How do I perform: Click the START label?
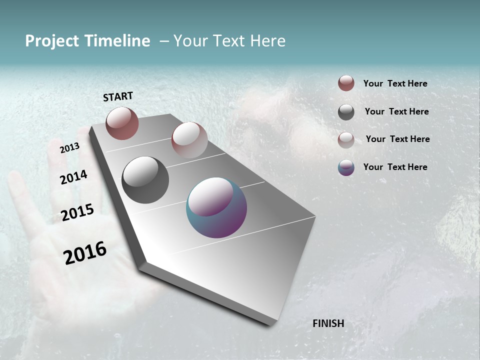coord(118,96)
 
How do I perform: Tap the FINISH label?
coord(328,323)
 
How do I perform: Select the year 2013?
coord(69,148)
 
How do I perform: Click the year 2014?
coord(74,177)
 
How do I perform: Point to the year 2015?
coord(77,212)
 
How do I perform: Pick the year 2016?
coord(85,252)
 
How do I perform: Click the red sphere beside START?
coord(122,123)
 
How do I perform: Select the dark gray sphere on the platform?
coord(145,180)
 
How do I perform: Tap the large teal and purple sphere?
coord(216,207)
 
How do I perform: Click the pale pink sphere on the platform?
coord(189,139)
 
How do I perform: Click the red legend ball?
coord(346,83)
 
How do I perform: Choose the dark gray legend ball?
coord(346,112)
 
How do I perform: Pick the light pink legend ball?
coord(346,139)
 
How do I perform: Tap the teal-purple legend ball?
coord(346,167)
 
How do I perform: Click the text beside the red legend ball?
coord(395,83)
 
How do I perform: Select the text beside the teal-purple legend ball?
coord(395,167)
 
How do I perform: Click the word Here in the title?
coord(267,41)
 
